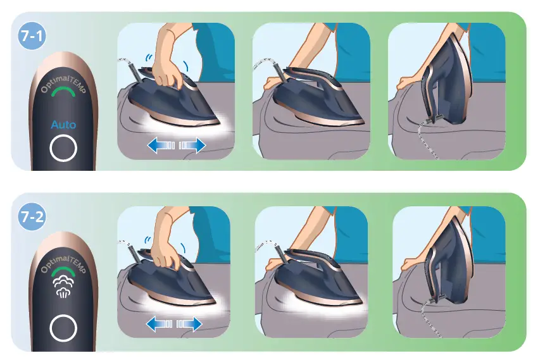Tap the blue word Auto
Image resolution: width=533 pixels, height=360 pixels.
pyautogui.click(x=63, y=125)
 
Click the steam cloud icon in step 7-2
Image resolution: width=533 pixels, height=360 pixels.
pyautogui.click(x=63, y=287)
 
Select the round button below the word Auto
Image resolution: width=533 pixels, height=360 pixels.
pyautogui.click(x=63, y=149)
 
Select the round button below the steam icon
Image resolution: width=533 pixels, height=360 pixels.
pyautogui.click(x=63, y=328)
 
